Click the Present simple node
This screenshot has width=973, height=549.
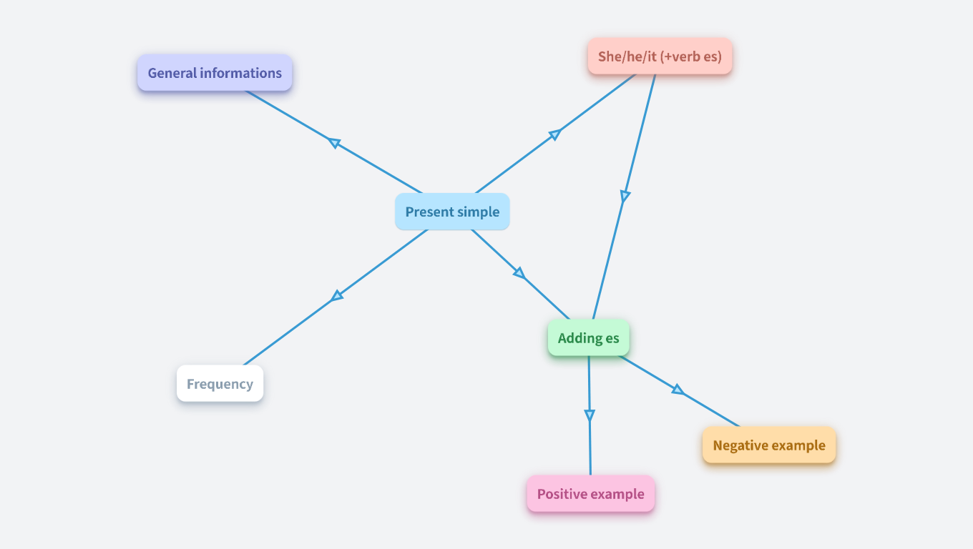[452, 212]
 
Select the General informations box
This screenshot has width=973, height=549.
[215, 73]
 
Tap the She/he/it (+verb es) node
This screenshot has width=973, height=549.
[660, 56]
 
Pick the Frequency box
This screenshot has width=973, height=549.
[220, 384]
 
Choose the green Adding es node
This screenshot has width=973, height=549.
[588, 338]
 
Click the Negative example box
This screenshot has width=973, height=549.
[769, 445]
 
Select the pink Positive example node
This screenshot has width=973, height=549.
[590, 494]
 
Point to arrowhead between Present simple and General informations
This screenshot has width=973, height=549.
[333, 142]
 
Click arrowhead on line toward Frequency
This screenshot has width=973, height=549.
[337, 295]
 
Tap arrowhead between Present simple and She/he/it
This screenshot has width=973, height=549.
[555, 134]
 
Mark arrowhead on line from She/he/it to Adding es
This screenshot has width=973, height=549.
[625, 196]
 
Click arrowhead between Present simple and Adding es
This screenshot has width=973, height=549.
[519, 273]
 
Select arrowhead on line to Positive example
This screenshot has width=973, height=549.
[590, 415]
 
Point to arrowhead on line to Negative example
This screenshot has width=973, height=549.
[678, 390]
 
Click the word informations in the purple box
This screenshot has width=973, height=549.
[241, 73]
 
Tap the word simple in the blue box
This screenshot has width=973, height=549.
[477, 212]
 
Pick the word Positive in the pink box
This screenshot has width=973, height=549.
[562, 494]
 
